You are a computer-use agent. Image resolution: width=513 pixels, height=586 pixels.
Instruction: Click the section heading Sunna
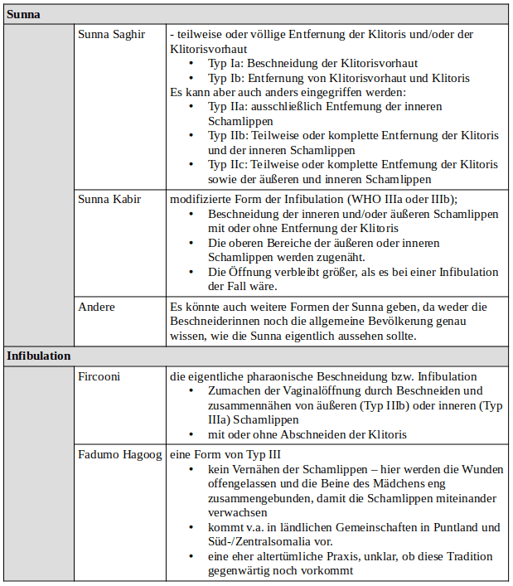(24, 14)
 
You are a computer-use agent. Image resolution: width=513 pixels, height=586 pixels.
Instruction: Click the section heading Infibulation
(39, 356)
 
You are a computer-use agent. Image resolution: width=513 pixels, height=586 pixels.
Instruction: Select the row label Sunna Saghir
(111, 34)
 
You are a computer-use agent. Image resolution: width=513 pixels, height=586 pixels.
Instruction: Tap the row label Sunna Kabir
(109, 199)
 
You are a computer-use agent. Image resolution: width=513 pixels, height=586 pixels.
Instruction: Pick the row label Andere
(96, 307)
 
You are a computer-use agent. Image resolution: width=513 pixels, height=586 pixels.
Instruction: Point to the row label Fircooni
(100, 375)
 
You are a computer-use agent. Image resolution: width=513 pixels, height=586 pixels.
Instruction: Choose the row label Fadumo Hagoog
(120, 454)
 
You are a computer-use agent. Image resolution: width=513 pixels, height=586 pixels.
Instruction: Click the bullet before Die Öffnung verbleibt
(192, 272)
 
